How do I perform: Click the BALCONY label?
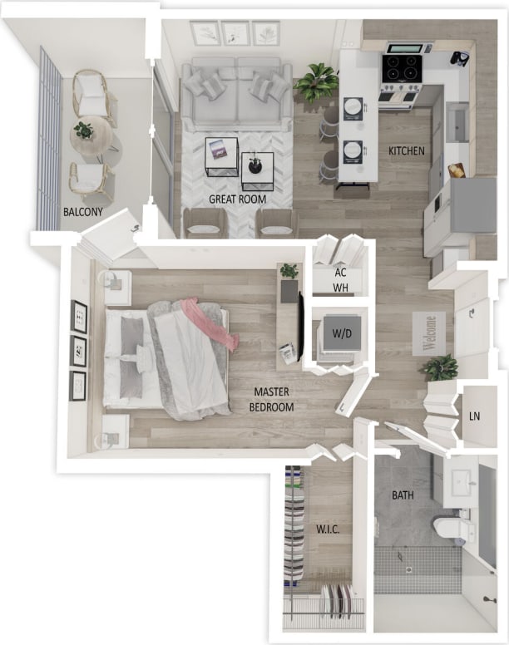click(x=83, y=212)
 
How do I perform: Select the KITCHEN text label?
click(x=407, y=151)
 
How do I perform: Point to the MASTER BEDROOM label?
click(x=272, y=399)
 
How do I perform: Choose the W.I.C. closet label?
click(x=328, y=529)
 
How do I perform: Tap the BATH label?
click(x=403, y=495)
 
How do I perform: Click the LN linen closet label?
click(x=475, y=416)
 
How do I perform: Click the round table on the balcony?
click(x=89, y=134)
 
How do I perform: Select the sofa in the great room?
click(x=236, y=91)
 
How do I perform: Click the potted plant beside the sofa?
click(x=316, y=81)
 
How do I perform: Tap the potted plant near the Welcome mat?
click(x=441, y=367)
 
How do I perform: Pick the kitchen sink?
click(x=457, y=123)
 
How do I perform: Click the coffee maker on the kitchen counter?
click(x=458, y=58)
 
